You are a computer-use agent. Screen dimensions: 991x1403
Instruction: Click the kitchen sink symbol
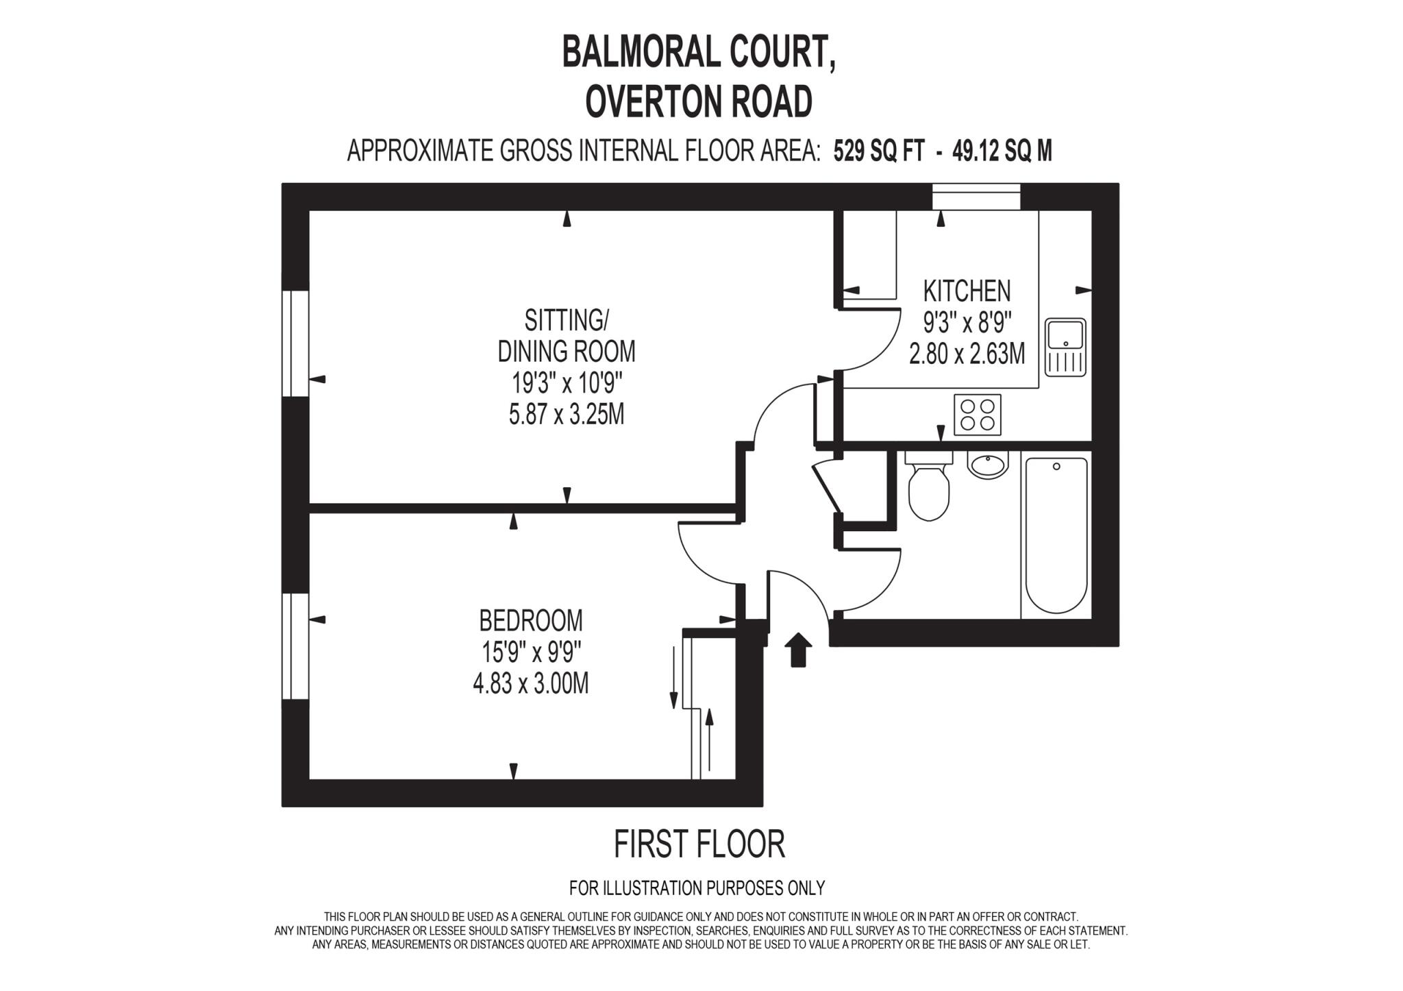pyautogui.click(x=1065, y=347)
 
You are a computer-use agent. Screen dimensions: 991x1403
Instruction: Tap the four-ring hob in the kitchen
pyautogui.click(x=978, y=415)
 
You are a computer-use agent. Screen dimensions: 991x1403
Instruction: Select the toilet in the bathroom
pyautogui.click(x=929, y=487)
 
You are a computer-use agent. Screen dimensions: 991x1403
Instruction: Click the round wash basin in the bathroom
pyautogui.click(x=987, y=465)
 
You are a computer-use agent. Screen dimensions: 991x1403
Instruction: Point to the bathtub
pyautogui.click(x=1056, y=535)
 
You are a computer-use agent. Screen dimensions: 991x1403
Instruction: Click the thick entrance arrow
pyautogui.click(x=797, y=650)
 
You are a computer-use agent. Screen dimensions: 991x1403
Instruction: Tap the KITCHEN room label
pyautogui.click(x=967, y=291)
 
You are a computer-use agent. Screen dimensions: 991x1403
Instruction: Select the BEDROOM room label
pyautogui.click(x=531, y=621)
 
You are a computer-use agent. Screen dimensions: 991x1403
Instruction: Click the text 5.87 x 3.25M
pyautogui.click(x=567, y=415)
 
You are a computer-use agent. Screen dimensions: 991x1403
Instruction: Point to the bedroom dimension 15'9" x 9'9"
pyautogui.click(x=531, y=652)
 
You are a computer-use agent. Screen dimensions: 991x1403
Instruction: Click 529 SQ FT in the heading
pyautogui.click(x=879, y=151)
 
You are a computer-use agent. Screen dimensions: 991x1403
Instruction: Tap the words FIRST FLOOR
pyautogui.click(x=699, y=844)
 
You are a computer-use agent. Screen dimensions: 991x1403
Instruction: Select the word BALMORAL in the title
pyautogui.click(x=630, y=53)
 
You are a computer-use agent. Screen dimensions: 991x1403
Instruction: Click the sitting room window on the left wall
pyautogui.click(x=295, y=343)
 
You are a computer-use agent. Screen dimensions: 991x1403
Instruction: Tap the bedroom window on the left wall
pyautogui.click(x=295, y=646)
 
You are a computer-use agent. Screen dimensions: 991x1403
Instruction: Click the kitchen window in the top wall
pyautogui.click(x=976, y=197)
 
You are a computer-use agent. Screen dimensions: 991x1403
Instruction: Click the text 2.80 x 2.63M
pyautogui.click(x=967, y=354)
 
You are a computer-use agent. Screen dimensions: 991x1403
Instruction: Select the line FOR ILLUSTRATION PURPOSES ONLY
pyautogui.click(x=697, y=888)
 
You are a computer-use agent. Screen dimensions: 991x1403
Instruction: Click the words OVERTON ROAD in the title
pyautogui.click(x=699, y=102)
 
